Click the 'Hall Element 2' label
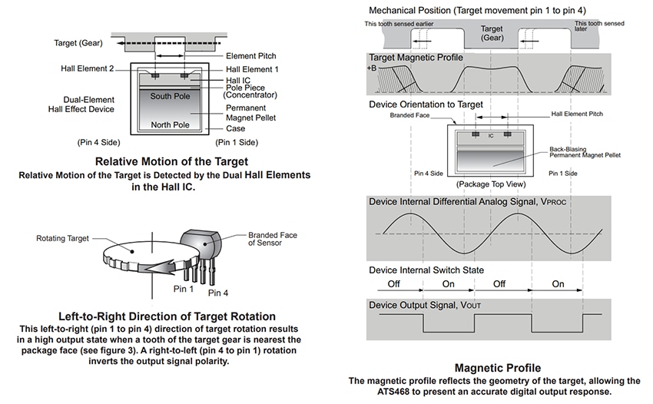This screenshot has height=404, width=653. tap(87, 69)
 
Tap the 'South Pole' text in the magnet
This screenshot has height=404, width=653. tap(171, 96)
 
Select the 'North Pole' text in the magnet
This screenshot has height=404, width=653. tap(171, 125)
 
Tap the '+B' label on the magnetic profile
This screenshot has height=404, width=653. tap(373, 68)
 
